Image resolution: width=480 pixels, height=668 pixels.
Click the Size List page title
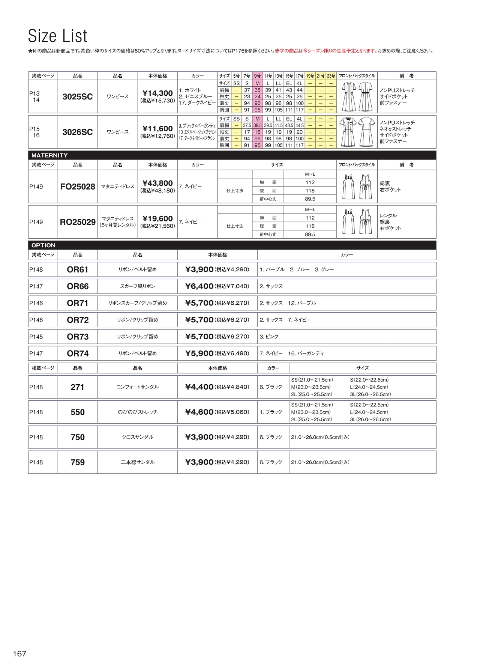click(58, 36)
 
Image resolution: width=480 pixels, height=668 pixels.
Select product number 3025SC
click(78, 97)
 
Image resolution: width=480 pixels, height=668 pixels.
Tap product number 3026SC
click(78, 132)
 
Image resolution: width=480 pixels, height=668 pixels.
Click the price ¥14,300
click(157, 93)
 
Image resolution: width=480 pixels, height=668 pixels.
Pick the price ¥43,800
click(157, 183)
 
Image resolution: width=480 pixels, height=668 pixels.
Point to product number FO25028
click(78, 187)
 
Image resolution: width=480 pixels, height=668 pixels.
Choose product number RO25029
click(78, 222)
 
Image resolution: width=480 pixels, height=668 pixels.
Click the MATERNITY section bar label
click(49, 155)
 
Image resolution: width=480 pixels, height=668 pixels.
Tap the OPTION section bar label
click(43, 245)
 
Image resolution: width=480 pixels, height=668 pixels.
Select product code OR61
click(78, 269)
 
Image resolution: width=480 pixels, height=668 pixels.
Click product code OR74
click(78, 354)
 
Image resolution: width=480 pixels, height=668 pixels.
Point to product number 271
click(78, 387)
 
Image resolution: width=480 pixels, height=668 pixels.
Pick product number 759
click(78, 462)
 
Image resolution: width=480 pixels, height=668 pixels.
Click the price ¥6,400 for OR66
click(199, 286)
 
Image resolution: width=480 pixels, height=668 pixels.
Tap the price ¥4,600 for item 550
click(199, 412)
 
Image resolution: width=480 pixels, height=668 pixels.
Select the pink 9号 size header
click(257, 76)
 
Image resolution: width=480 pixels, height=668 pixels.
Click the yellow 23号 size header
click(331, 76)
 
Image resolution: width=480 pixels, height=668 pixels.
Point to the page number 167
click(19, 654)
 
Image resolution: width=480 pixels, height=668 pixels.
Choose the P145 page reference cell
click(36, 337)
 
